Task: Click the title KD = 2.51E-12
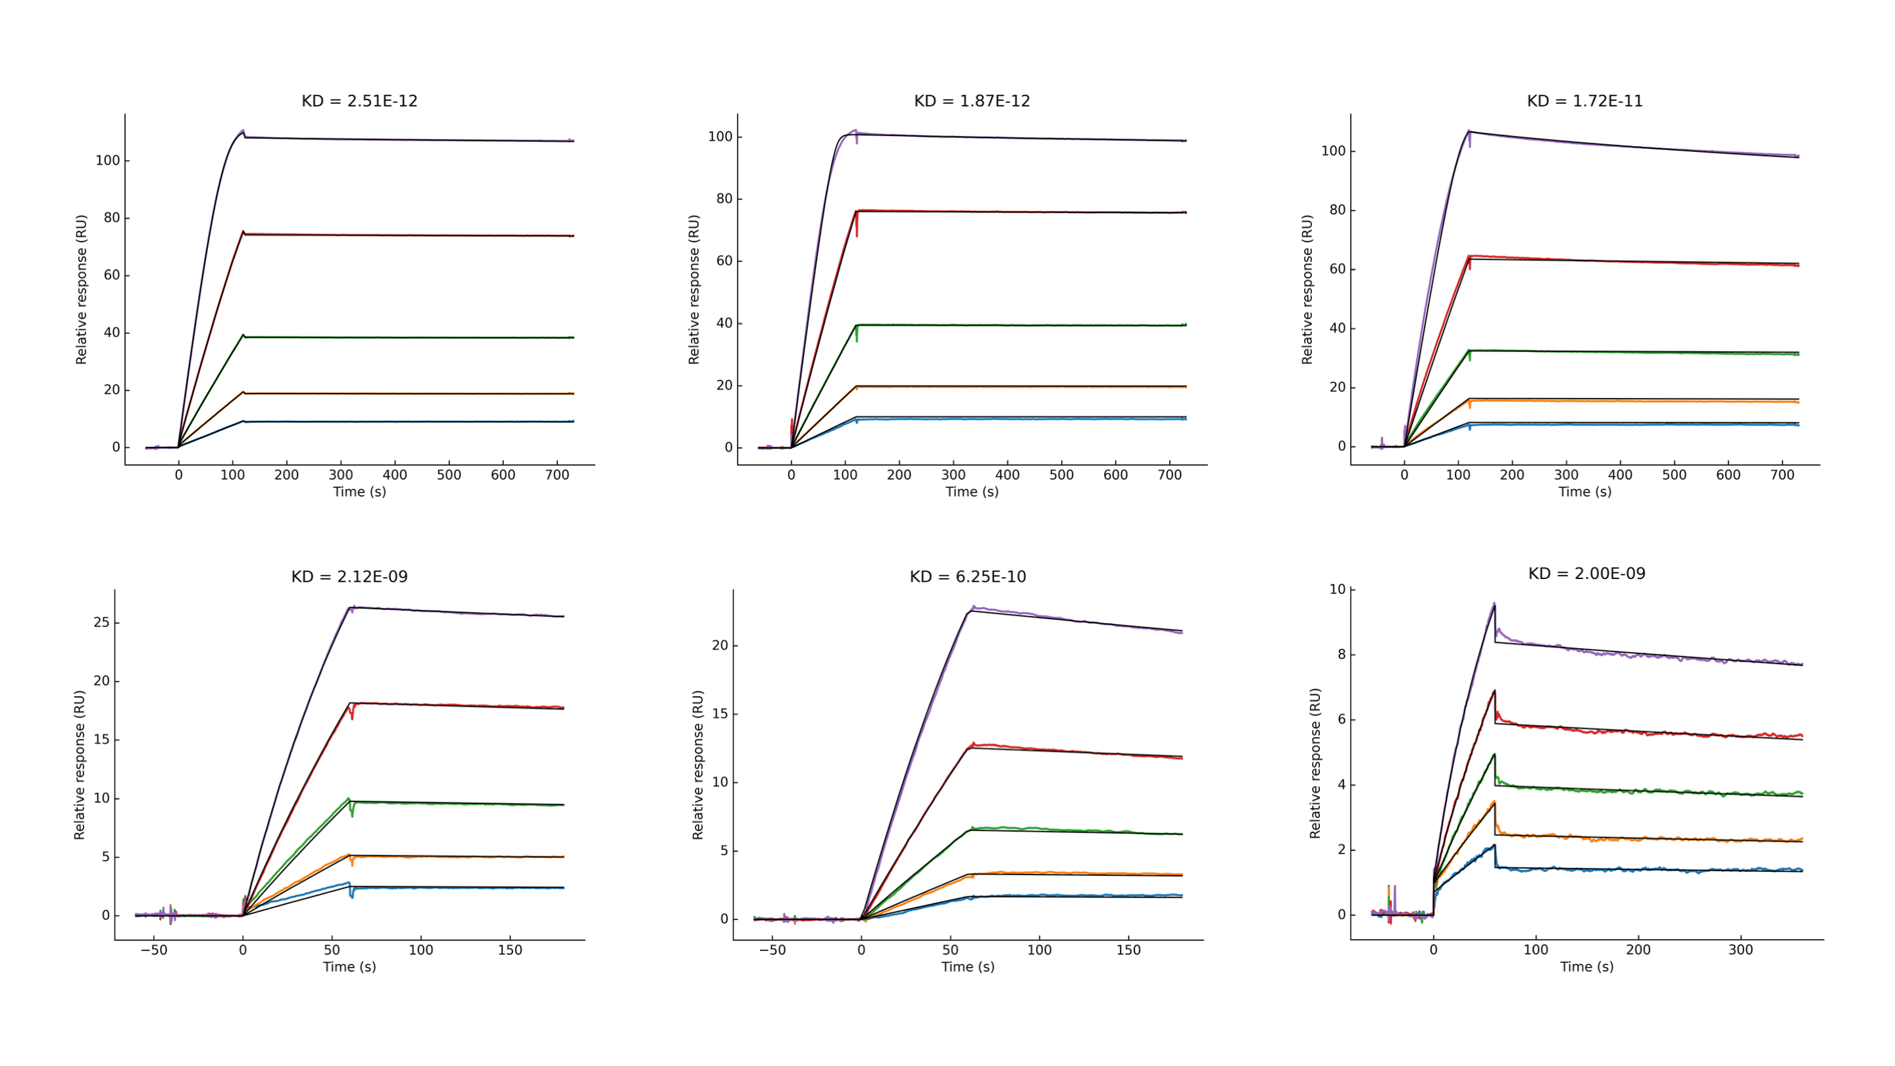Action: tap(359, 101)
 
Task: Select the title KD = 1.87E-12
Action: tap(972, 101)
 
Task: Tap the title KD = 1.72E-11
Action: tap(1584, 101)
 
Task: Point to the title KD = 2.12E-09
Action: tap(349, 577)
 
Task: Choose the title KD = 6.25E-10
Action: tap(967, 577)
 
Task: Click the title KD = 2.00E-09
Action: tap(1587, 574)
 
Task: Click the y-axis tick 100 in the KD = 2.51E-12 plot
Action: tap(107, 161)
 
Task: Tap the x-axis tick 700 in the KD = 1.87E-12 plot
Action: tap(1170, 475)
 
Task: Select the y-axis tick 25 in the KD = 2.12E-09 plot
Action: tap(101, 622)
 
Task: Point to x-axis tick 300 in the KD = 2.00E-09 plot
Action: tap(1740, 950)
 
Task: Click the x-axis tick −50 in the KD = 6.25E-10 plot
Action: tap(772, 950)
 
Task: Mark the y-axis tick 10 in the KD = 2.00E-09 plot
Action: tap(1336, 590)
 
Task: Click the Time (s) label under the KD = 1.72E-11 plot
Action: tap(1584, 492)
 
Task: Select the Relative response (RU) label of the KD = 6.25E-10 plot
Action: tap(697, 765)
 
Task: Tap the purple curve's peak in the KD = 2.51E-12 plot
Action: tap(242, 131)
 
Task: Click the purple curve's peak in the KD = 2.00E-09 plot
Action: tap(1494, 604)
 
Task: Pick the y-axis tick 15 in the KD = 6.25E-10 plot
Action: tap(719, 713)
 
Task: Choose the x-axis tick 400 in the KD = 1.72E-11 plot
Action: tap(1620, 475)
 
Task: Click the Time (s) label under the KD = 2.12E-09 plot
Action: tap(349, 967)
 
